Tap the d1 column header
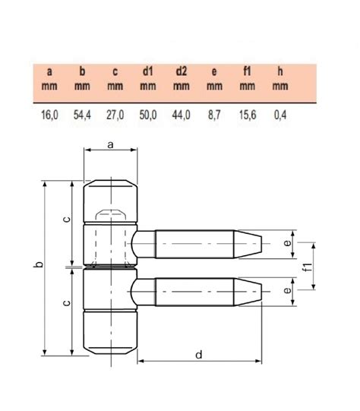(148, 72)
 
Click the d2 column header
(182, 72)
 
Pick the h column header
(280, 72)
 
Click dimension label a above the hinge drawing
(111, 143)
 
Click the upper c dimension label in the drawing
(67, 220)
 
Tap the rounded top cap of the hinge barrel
(111, 184)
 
